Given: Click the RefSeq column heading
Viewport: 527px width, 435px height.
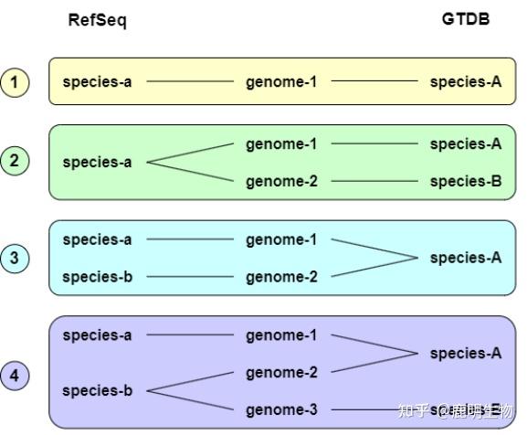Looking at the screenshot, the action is tap(97, 20).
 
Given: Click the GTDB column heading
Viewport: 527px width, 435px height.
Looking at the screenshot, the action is tap(466, 19).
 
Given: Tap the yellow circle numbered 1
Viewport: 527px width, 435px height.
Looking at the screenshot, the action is tap(15, 82).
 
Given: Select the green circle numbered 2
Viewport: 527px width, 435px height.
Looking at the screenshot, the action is tap(15, 160).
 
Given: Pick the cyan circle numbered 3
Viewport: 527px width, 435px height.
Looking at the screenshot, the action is tap(15, 258).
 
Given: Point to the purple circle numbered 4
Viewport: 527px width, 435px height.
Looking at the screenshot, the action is tap(15, 376).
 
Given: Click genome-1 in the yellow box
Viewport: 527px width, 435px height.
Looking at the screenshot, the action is tap(281, 82).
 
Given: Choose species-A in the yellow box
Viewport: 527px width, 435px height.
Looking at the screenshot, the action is tap(466, 81).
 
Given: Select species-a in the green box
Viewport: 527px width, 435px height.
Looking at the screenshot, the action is tap(97, 163).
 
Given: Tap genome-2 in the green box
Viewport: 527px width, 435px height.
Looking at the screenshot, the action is tap(281, 182).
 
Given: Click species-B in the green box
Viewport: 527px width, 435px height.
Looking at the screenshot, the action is tap(466, 181).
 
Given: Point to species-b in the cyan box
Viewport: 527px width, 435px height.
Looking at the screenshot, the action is tap(98, 277).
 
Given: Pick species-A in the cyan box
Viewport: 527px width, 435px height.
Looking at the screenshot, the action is tap(466, 258).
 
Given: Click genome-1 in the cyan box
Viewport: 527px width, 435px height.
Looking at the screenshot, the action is tap(281, 240).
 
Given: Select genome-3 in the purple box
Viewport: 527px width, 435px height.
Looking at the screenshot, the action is tap(281, 410).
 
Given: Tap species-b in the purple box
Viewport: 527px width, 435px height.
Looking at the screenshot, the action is tap(98, 390).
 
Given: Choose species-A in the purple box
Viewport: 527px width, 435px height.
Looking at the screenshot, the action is tap(466, 354).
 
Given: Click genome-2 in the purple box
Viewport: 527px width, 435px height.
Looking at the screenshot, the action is tap(281, 373).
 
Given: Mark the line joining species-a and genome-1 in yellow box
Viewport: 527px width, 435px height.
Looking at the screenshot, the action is tap(190, 81).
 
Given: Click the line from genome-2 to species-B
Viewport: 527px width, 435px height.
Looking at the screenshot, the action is tap(374, 181).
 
